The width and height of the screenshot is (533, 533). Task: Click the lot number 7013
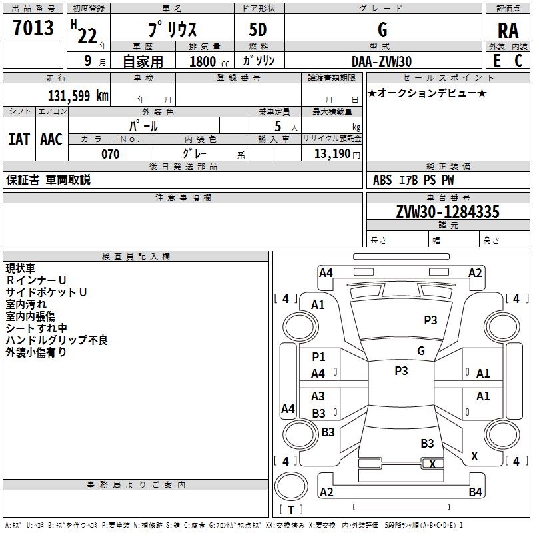(x=33, y=27)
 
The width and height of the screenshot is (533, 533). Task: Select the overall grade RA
(x=508, y=31)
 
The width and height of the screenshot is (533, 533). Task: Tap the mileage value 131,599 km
(x=78, y=95)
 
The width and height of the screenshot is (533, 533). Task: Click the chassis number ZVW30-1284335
(x=448, y=211)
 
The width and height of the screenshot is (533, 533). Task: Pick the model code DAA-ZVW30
(x=382, y=61)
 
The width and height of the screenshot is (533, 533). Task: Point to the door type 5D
(x=258, y=30)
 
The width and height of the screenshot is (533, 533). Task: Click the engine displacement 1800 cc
(x=209, y=61)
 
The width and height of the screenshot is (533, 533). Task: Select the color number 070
(x=111, y=154)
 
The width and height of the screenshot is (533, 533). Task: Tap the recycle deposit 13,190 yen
(x=337, y=154)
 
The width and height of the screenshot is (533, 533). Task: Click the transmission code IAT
(x=19, y=139)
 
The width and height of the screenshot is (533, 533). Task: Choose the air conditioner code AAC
(x=51, y=139)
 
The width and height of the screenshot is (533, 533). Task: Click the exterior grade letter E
(x=497, y=61)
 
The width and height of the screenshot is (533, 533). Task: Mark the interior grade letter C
(x=518, y=61)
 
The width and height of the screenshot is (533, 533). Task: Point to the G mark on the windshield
(x=421, y=350)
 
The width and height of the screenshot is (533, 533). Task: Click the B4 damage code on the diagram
(x=475, y=492)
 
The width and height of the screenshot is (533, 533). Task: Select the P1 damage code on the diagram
(x=318, y=356)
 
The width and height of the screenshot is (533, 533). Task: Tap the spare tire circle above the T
(x=291, y=486)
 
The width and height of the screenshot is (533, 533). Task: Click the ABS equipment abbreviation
(x=382, y=180)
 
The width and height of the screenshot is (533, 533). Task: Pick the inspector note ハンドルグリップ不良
(x=57, y=340)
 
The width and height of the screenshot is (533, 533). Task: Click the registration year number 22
(x=87, y=35)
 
